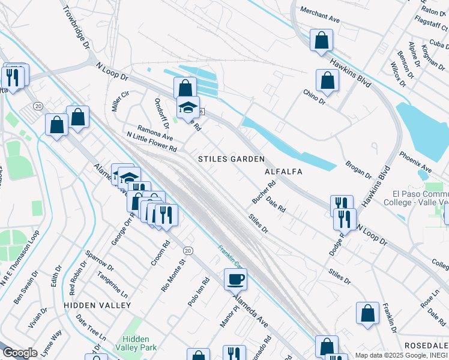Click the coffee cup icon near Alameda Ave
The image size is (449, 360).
click(x=235, y=278)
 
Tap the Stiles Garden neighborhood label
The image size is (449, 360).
click(x=231, y=159)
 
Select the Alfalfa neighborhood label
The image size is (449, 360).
click(x=282, y=172)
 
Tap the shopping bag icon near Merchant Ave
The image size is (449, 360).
click(x=322, y=41)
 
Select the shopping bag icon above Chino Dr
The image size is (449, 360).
click(x=327, y=80)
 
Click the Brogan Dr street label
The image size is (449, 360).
click(x=359, y=169)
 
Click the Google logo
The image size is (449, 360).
click(x=20, y=353)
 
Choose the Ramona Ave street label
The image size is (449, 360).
click(x=155, y=133)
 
